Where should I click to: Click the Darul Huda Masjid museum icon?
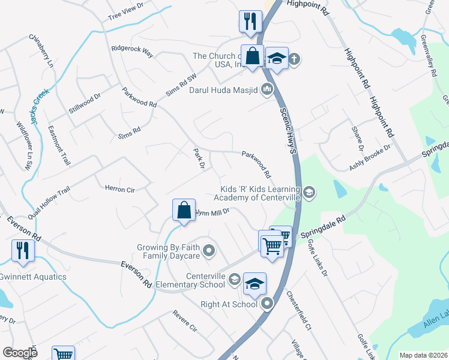(267, 91)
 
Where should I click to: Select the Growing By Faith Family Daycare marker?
(209, 250)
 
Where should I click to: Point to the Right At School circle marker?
(268, 304)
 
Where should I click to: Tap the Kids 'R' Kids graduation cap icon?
(309, 192)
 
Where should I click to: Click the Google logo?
(20, 353)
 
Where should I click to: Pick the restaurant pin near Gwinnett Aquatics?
(23, 251)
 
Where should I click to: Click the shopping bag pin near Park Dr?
(184, 211)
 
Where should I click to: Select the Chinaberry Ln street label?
(41, 50)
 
